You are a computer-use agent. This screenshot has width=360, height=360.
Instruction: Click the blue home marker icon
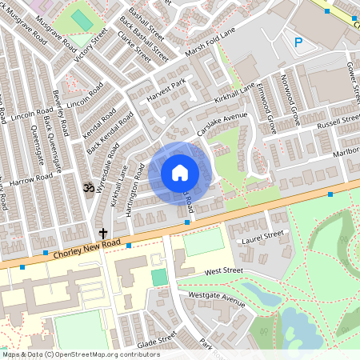tap(180, 173)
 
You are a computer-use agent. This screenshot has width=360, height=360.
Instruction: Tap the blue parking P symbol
tap(299, 42)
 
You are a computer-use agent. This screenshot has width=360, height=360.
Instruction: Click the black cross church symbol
tap(103, 233)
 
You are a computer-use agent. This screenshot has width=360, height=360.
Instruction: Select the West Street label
tap(223, 272)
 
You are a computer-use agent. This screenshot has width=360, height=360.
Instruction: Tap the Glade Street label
tap(156, 339)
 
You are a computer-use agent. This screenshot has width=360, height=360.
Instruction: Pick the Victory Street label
tap(90, 44)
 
